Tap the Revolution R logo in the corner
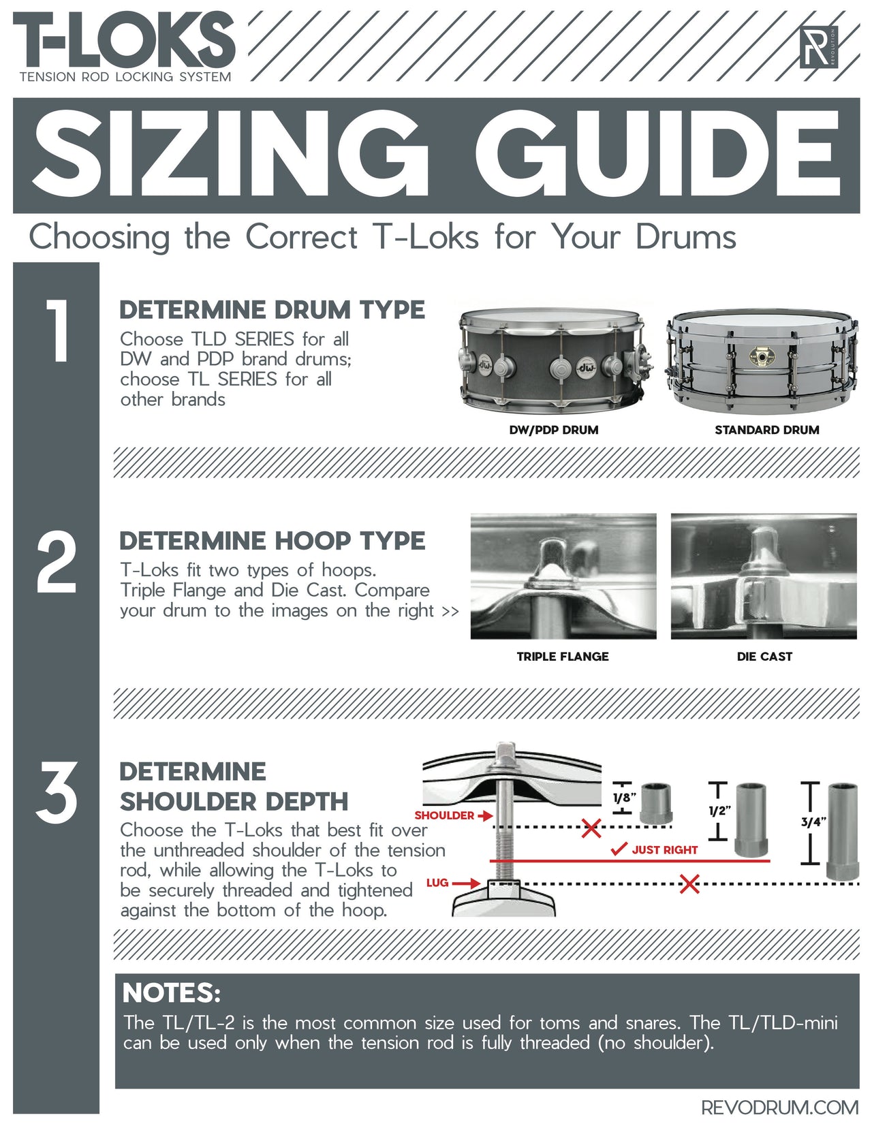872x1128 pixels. pyautogui.click(x=819, y=47)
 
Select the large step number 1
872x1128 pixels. pyautogui.click(x=57, y=331)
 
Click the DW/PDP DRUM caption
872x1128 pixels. pyautogui.click(x=553, y=430)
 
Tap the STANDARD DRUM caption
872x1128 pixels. pyautogui.click(x=766, y=430)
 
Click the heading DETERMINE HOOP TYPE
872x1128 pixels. pyautogui.click(x=272, y=541)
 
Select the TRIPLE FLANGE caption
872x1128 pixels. pyautogui.click(x=562, y=657)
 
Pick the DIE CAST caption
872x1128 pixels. pyautogui.click(x=764, y=657)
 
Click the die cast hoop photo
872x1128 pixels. pyautogui.click(x=764, y=576)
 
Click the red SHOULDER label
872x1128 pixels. pyautogui.click(x=444, y=815)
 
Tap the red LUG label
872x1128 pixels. pyautogui.click(x=437, y=883)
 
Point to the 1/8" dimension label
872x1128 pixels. pyautogui.click(x=624, y=798)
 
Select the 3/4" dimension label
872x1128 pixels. pyautogui.click(x=813, y=822)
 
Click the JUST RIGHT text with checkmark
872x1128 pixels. pyautogui.click(x=655, y=849)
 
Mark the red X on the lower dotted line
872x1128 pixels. pyautogui.click(x=689, y=885)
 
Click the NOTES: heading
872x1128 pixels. pyautogui.click(x=172, y=993)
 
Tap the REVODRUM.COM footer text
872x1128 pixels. pyautogui.click(x=779, y=1108)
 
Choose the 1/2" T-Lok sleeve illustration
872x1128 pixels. pyautogui.click(x=751, y=820)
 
